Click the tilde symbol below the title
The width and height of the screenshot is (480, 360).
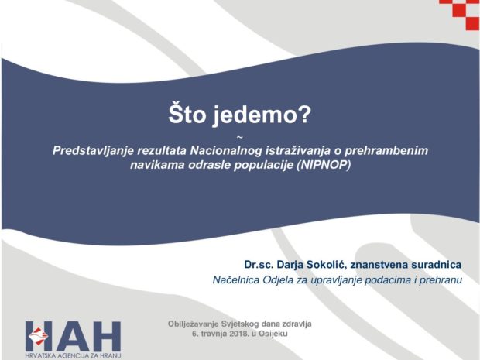[x=240, y=138]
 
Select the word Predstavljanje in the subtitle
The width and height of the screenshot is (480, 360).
[x=94, y=151]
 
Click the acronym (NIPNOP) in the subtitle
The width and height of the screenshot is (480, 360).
[x=324, y=165]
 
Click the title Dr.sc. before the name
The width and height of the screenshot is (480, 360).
[x=259, y=265]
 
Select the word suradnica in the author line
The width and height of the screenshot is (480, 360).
[x=436, y=265]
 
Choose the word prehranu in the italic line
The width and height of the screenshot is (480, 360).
[x=441, y=280]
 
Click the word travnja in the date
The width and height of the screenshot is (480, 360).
[x=213, y=334]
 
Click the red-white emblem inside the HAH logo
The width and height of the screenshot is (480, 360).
[x=39, y=336]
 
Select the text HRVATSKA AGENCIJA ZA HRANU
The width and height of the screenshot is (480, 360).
[x=74, y=355]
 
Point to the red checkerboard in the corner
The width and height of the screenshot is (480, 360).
[x=460, y=15]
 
